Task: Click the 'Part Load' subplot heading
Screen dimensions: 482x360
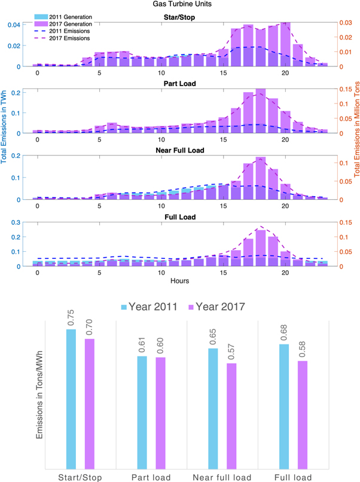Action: pyautogui.click(x=179, y=82)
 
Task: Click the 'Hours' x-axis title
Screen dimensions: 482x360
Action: pyautogui.click(x=179, y=280)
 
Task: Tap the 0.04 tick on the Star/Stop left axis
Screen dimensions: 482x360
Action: pyautogui.click(x=19, y=25)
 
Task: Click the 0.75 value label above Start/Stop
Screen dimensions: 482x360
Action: pyautogui.click(x=71, y=320)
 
